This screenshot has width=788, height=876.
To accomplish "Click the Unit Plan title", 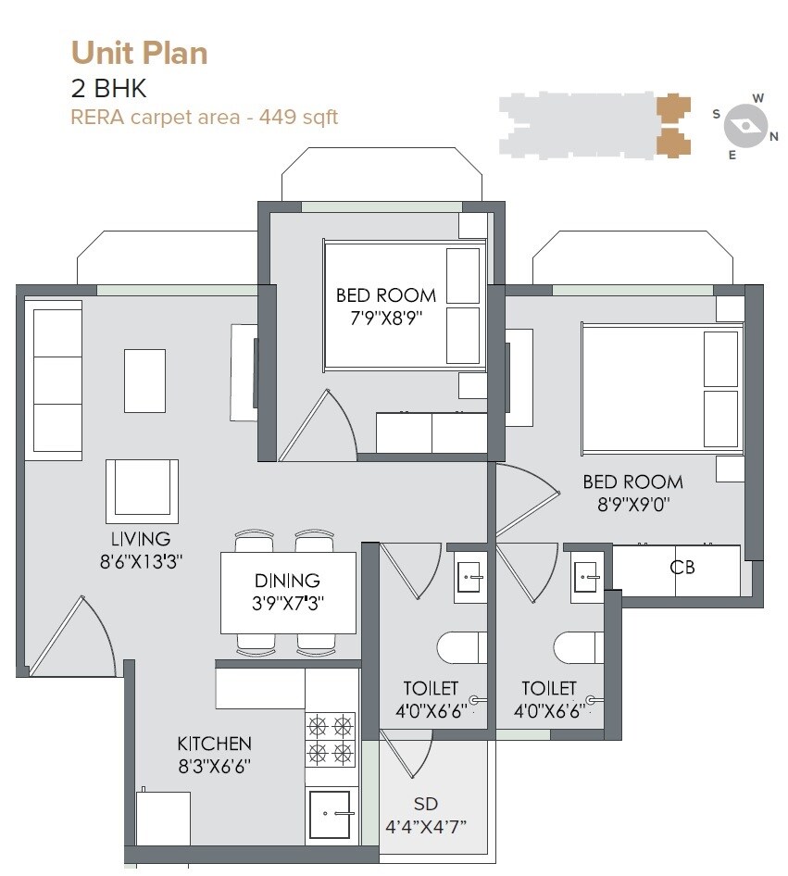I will [x=139, y=52].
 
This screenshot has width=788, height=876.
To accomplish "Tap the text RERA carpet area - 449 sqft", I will [x=205, y=117].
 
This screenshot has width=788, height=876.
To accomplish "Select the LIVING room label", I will [x=141, y=539].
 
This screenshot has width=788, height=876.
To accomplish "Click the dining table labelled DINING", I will [x=288, y=593].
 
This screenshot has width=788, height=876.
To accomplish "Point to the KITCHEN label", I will [x=214, y=744].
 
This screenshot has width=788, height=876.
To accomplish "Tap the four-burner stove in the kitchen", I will [x=331, y=738].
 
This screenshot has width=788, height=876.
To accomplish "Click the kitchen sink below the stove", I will [x=330, y=814].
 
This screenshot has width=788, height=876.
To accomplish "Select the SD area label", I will [x=426, y=804].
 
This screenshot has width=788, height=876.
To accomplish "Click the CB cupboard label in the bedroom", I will [x=682, y=567].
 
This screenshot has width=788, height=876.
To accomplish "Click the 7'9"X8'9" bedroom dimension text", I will [x=385, y=319].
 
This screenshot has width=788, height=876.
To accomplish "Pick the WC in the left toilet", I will [x=461, y=647].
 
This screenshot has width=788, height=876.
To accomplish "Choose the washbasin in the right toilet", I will [x=586, y=578].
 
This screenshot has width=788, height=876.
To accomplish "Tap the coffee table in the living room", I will [x=144, y=380].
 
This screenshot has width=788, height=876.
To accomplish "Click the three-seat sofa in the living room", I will [x=57, y=379].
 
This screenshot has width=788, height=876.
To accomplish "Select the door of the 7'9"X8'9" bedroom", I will [x=315, y=426].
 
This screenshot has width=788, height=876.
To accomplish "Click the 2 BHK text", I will [x=108, y=89].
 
